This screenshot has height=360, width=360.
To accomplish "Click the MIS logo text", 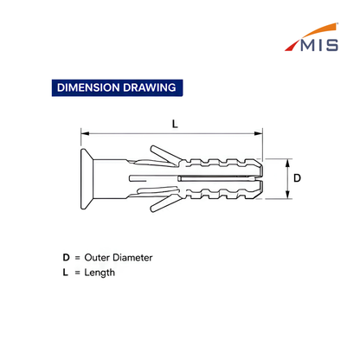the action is click(x=319, y=45).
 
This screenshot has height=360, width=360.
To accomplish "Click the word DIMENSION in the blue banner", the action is click(x=88, y=87).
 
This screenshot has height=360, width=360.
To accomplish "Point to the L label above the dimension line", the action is click(x=175, y=124).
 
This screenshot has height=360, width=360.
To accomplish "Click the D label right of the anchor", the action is click(x=297, y=178).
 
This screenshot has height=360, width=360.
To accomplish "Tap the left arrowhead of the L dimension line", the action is click(x=85, y=133).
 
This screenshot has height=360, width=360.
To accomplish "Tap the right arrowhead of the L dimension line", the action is click(x=259, y=133).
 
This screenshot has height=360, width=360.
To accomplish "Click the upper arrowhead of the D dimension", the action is click(x=287, y=163).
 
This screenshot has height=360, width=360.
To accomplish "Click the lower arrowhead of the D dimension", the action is click(x=287, y=195).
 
